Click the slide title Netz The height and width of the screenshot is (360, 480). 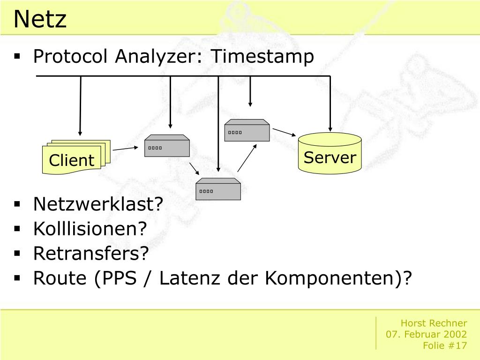tap(40, 20)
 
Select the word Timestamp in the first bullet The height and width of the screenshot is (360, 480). tap(262, 57)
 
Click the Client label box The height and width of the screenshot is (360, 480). tap(71, 160)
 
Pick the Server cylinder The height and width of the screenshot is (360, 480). tap(330, 154)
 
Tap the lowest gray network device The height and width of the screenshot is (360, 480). tap(218, 189)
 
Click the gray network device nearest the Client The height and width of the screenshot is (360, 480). tap(167, 146)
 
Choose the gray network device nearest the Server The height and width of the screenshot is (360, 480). tap(247, 130)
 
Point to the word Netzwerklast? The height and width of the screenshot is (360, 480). tap(98, 204)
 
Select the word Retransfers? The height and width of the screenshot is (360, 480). tap(90, 254)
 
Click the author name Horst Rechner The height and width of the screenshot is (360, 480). tap(434, 323)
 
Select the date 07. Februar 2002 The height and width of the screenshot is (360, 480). tap(426, 334)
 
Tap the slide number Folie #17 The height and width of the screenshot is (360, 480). tap(445, 345)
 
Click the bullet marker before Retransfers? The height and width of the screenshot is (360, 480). tap(17, 254)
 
